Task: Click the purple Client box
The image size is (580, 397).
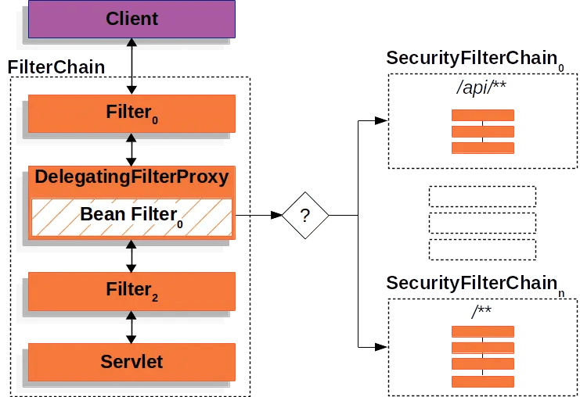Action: click(x=131, y=18)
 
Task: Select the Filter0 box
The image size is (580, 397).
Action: click(x=131, y=113)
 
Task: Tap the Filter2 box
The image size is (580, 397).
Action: click(x=131, y=291)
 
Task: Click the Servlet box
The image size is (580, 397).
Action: click(x=131, y=361)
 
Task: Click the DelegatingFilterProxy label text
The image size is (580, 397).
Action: click(x=131, y=177)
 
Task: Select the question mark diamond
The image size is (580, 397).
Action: click(x=305, y=215)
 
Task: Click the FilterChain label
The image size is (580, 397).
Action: click(x=56, y=67)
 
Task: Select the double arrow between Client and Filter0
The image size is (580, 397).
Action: click(x=131, y=66)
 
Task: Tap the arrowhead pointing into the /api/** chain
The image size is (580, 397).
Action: click(x=381, y=121)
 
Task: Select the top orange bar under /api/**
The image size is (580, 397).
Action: click(x=482, y=115)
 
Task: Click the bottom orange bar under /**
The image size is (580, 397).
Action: click(x=482, y=381)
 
